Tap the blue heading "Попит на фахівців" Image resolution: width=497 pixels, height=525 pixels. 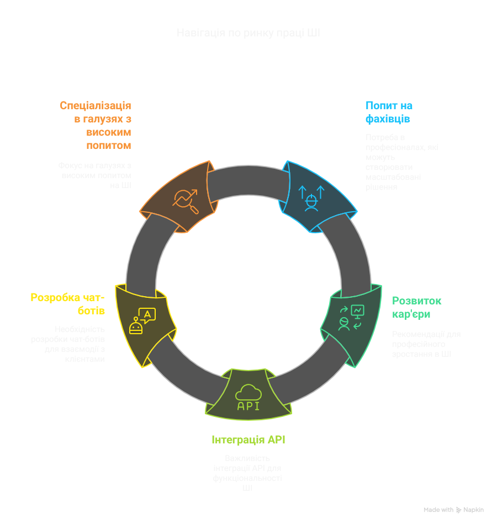click(x=389, y=112)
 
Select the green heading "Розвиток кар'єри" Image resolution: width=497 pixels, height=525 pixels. click(x=416, y=307)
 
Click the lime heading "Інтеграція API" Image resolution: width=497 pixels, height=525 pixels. click(x=248, y=440)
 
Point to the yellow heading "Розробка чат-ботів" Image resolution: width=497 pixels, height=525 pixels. click(x=67, y=304)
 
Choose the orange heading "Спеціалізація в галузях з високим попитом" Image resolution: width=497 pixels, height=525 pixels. click(x=95, y=125)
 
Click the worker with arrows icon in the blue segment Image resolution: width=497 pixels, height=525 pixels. click(x=312, y=197)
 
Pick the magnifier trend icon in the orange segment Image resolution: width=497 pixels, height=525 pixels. click(x=186, y=201)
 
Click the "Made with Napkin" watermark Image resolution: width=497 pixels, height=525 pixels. click(x=453, y=510)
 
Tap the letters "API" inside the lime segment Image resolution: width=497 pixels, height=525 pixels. click(x=248, y=406)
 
